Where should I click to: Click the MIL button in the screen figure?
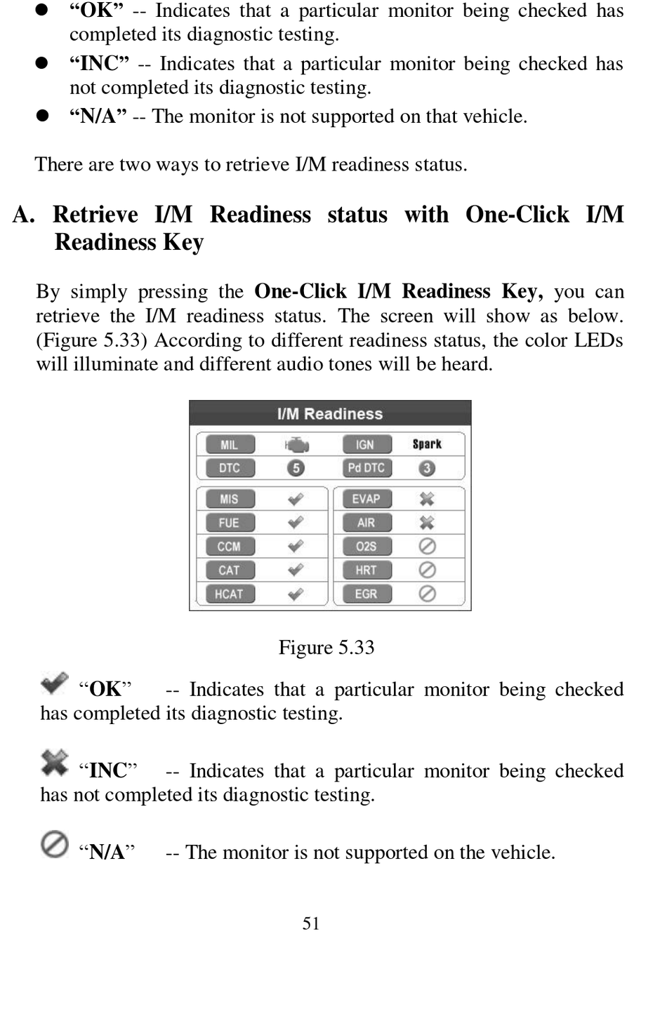click(230, 445)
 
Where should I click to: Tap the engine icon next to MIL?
click(296, 445)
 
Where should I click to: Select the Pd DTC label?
click(366, 468)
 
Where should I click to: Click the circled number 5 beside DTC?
click(296, 468)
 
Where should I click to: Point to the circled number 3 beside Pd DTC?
click(427, 468)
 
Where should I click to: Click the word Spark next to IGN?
click(427, 444)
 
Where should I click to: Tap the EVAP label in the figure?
click(366, 499)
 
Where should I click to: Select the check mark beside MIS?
click(296, 499)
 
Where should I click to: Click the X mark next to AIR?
click(427, 523)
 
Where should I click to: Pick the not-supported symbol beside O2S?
click(427, 546)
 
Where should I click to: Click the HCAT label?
click(229, 594)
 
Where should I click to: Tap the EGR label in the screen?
click(366, 594)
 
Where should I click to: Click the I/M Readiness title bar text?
click(330, 414)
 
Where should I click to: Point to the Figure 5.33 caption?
click(326, 647)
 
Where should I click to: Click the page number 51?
click(311, 923)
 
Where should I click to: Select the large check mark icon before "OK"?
click(54, 683)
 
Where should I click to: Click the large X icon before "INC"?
click(54, 763)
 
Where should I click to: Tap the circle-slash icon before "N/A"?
click(54, 844)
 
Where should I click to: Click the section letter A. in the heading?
click(24, 215)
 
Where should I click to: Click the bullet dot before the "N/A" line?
click(42, 116)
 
